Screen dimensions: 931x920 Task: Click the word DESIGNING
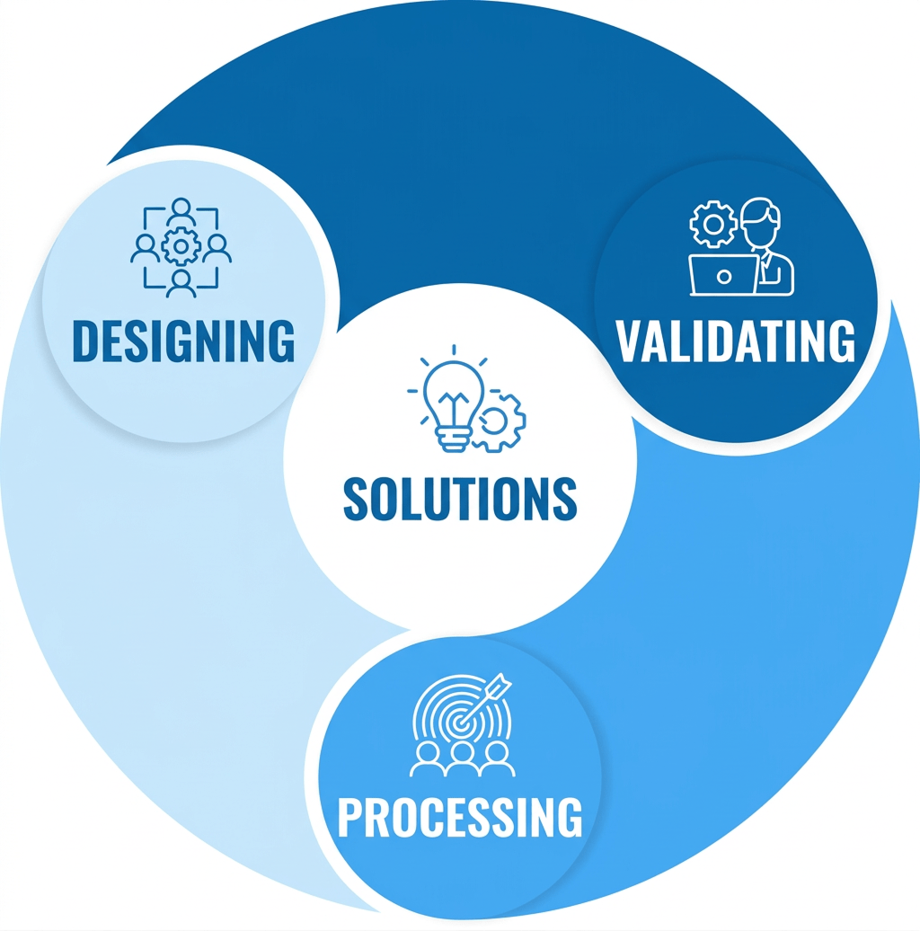click(182, 340)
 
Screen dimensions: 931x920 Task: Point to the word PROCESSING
click(459, 817)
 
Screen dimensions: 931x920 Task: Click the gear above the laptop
click(712, 223)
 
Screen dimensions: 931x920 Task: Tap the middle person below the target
click(461, 759)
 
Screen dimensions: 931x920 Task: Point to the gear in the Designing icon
click(181, 244)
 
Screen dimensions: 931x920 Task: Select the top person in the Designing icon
click(181, 212)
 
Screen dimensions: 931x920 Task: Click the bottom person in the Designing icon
click(181, 281)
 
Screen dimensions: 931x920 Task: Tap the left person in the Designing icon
click(146, 249)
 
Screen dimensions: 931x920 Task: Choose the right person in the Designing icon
click(217, 249)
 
